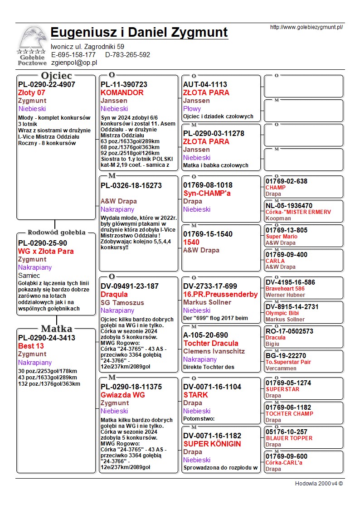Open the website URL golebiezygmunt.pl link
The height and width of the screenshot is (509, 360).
(306, 27)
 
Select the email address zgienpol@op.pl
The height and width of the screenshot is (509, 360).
(74, 63)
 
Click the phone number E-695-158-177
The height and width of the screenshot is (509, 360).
(73, 55)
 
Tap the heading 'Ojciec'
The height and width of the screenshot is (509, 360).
(56, 76)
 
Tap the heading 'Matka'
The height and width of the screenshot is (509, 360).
(56, 329)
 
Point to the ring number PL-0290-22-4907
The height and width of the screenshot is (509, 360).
(47, 84)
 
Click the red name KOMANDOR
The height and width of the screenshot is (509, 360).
(122, 92)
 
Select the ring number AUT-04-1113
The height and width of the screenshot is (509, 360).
(205, 84)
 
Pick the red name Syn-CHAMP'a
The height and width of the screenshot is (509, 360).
(208, 193)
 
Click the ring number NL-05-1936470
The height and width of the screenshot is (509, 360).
(289, 206)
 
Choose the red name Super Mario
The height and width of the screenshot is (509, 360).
(282, 237)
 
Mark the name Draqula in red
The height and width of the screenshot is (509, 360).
(114, 294)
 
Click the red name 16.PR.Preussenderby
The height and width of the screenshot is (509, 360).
(220, 294)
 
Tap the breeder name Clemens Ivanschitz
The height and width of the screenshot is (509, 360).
(214, 351)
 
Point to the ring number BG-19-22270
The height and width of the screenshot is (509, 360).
(286, 356)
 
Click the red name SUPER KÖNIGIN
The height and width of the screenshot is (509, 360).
(212, 444)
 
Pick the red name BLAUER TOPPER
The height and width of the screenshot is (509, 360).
(289, 438)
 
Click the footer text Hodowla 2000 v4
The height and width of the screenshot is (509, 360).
(319, 483)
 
